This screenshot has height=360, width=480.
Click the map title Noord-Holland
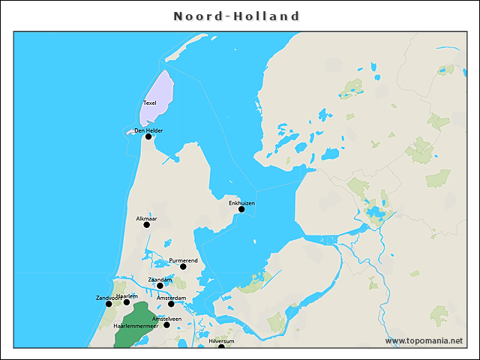pos(236,16)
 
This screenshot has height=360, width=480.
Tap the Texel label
pos(150,103)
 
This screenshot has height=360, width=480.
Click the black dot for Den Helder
pos(148,136)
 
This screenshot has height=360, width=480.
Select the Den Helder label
pos(148,130)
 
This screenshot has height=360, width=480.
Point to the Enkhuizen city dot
pos(241,209)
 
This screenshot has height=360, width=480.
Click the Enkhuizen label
pos(241,202)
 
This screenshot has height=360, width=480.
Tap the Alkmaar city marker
pos(146,224)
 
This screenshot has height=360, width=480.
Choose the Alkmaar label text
pos(146,218)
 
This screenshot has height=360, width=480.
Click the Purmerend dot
pos(183,266)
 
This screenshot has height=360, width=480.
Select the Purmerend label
pos(183,260)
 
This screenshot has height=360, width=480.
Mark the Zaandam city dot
pos(160,286)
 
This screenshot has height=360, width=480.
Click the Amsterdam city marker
pos(171,304)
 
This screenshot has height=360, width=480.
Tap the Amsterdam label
pos(171,298)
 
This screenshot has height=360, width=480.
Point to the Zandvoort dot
pos(109,304)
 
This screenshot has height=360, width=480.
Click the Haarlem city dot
pos(127,302)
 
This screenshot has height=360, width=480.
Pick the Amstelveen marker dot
pos(166,325)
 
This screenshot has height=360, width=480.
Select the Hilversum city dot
pos(221,346)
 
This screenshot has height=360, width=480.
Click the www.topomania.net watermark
pos(424,340)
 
